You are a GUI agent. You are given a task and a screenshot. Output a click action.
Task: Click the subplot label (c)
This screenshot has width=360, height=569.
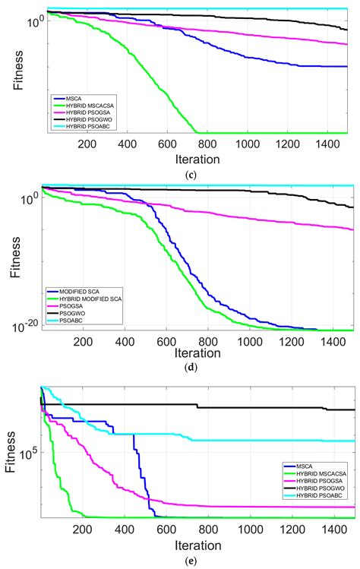pyautogui.click(x=200, y=176)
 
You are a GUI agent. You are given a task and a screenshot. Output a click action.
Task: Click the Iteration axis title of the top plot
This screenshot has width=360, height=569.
pyautogui.click(x=199, y=160)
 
